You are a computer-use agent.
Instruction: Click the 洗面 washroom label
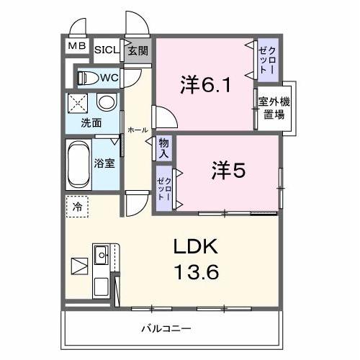coord(91,122)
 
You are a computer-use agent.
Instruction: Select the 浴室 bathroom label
coord(104,163)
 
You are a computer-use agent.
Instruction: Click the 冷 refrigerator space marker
coord(77,207)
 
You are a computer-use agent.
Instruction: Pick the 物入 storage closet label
coord(164,148)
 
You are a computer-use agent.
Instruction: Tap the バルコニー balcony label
coord(166,329)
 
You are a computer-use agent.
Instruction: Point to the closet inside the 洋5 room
coord(163,187)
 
